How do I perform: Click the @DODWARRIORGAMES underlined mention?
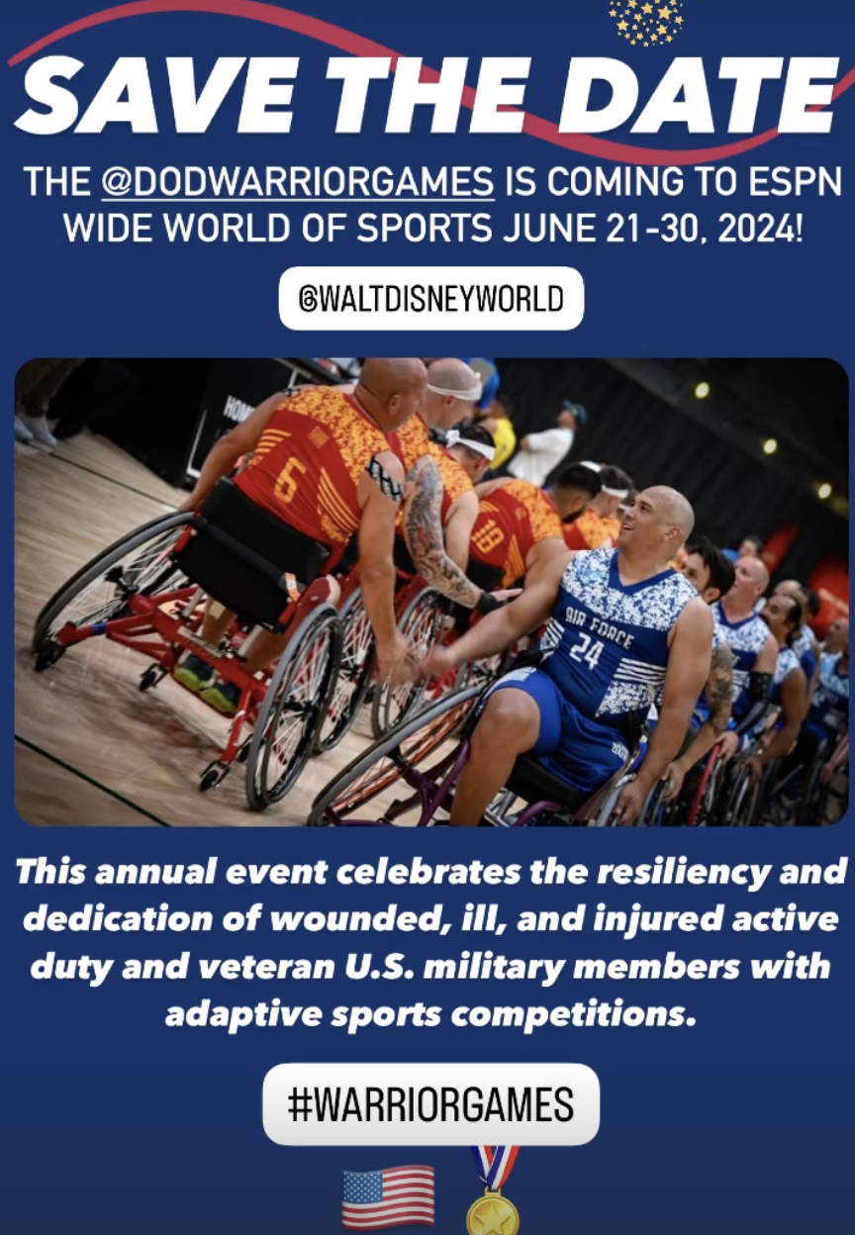298,181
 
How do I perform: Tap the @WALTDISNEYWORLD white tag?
431,298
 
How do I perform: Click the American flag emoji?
388,1196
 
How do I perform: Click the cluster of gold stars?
647,22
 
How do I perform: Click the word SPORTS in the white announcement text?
424,228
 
